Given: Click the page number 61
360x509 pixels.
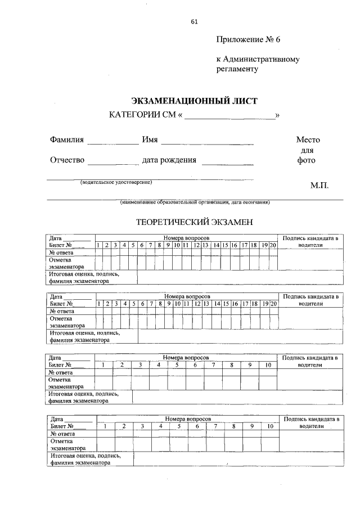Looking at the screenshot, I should click(x=194, y=22).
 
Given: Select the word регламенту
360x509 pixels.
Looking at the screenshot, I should click(x=237, y=69).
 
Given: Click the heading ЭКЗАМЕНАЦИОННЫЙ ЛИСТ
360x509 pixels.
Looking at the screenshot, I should click(x=194, y=101).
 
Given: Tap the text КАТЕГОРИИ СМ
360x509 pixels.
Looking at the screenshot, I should click(x=143, y=116).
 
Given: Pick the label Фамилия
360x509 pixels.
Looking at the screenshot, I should click(x=66, y=139).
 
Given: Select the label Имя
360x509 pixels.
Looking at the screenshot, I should click(x=150, y=139).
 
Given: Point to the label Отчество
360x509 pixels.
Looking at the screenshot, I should click(x=67, y=160).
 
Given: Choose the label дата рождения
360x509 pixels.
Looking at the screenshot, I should click(x=169, y=160).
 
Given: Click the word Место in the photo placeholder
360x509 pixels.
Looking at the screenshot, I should click(x=308, y=139).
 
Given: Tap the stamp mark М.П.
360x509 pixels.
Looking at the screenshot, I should click(x=319, y=185).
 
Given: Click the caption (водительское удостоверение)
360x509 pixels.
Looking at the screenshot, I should click(x=116, y=182).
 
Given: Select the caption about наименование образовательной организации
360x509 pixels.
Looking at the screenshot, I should click(x=195, y=202).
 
